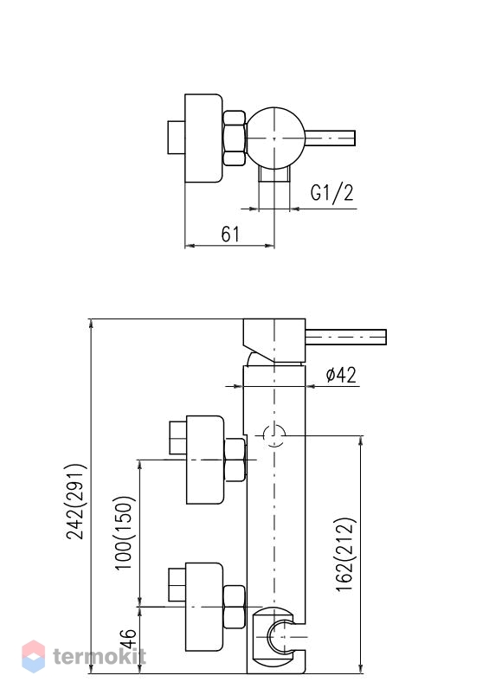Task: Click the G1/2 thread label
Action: [x=332, y=193]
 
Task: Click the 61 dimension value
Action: [x=230, y=234]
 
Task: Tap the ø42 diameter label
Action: [x=341, y=375]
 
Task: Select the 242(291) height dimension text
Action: [x=75, y=501]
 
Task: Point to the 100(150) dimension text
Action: [x=124, y=532]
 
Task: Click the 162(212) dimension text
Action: [x=345, y=554]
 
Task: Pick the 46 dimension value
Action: [x=128, y=639]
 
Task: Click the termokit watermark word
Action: [x=100, y=656]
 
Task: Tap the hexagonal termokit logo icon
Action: [x=33, y=656]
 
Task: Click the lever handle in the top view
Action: [x=330, y=138]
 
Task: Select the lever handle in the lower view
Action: [x=346, y=337]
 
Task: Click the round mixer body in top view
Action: [x=275, y=138]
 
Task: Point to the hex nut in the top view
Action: [x=234, y=138]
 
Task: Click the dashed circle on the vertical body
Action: [x=274, y=435]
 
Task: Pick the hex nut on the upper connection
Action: [x=235, y=460]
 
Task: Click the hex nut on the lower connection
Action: [x=234, y=607]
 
